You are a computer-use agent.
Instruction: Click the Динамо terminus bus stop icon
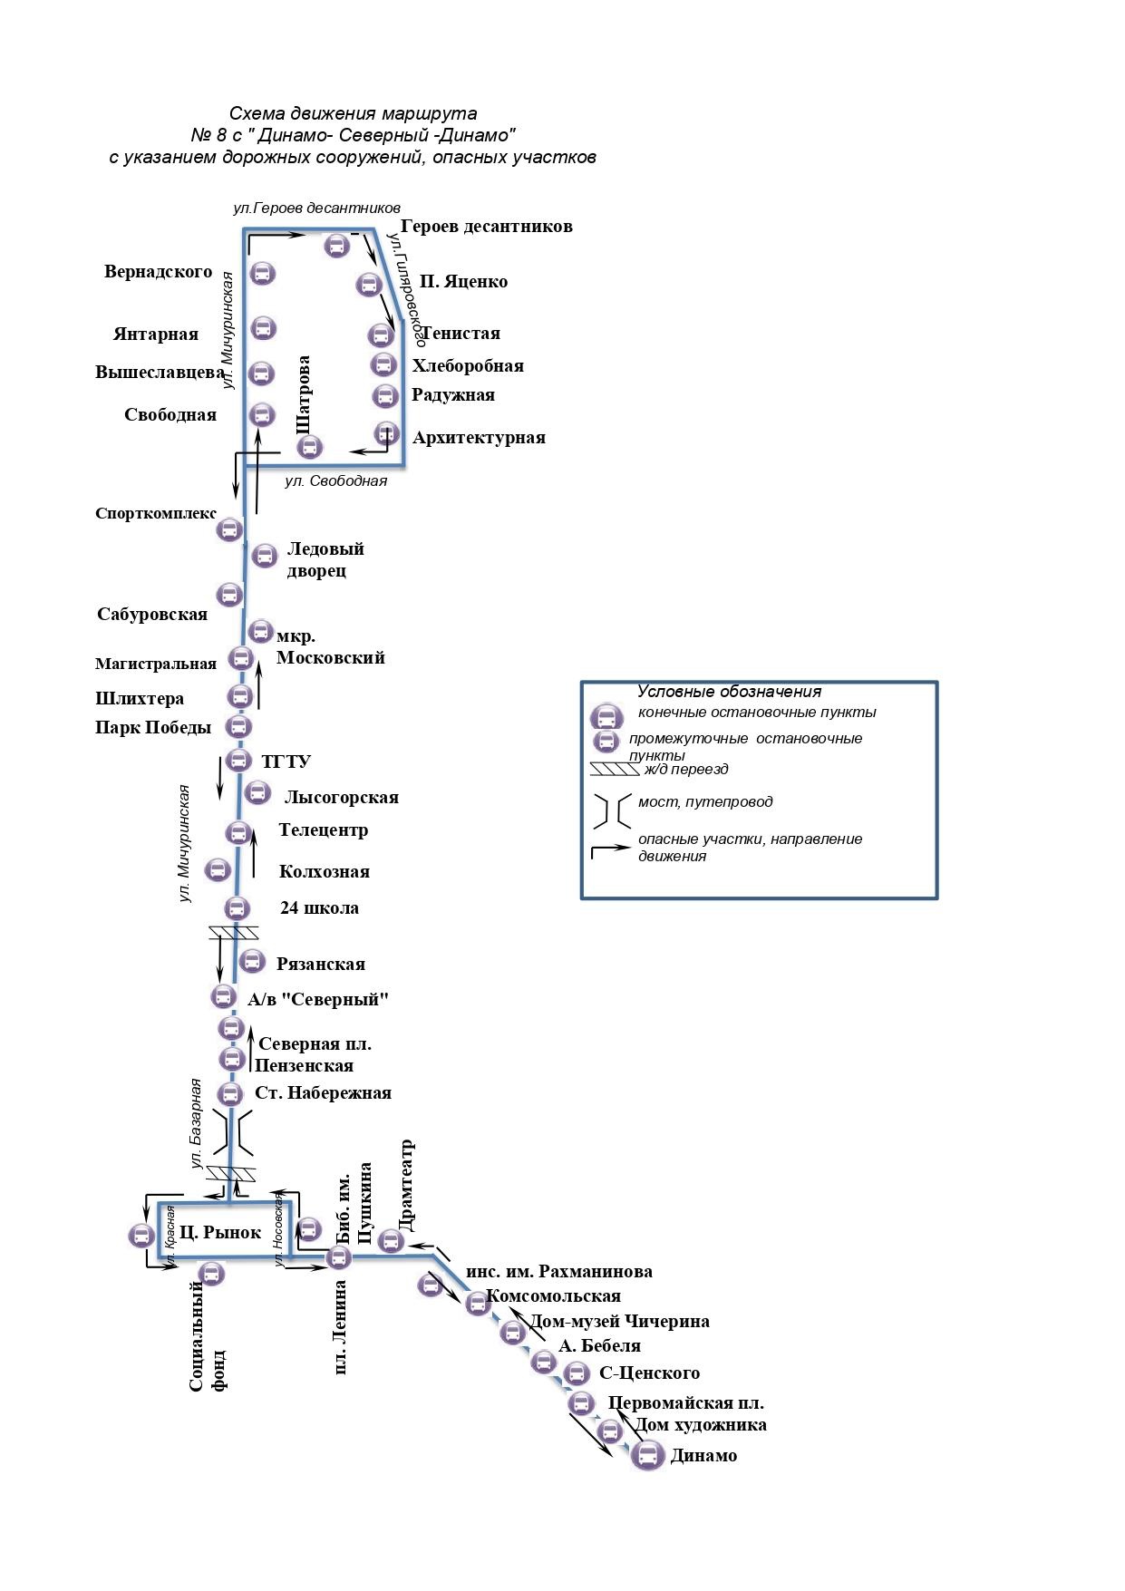(647, 1457)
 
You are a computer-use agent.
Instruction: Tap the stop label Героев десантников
(486, 227)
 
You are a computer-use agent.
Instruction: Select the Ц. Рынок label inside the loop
(219, 1232)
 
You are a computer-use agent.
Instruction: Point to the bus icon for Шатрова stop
(310, 446)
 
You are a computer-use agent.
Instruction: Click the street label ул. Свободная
(335, 481)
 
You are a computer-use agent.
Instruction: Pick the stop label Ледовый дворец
(325, 559)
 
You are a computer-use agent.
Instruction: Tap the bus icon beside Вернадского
(263, 272)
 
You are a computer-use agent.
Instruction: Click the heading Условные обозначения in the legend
(729, 692)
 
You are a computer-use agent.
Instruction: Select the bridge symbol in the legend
(612, 812)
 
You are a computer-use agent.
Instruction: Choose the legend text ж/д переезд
(685, 770)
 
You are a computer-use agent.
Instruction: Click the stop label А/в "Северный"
(318, 1000)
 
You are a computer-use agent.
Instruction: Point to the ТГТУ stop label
(286, 762)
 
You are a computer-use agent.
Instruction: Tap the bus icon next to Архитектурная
(387, 433)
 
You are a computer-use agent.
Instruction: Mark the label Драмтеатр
(406, 1185)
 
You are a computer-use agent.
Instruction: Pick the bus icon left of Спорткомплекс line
(229, 529)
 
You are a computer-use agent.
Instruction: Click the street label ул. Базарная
(195, 1123)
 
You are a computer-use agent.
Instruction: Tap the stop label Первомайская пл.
(686, 1403)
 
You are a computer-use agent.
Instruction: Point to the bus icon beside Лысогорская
(257, 792)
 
